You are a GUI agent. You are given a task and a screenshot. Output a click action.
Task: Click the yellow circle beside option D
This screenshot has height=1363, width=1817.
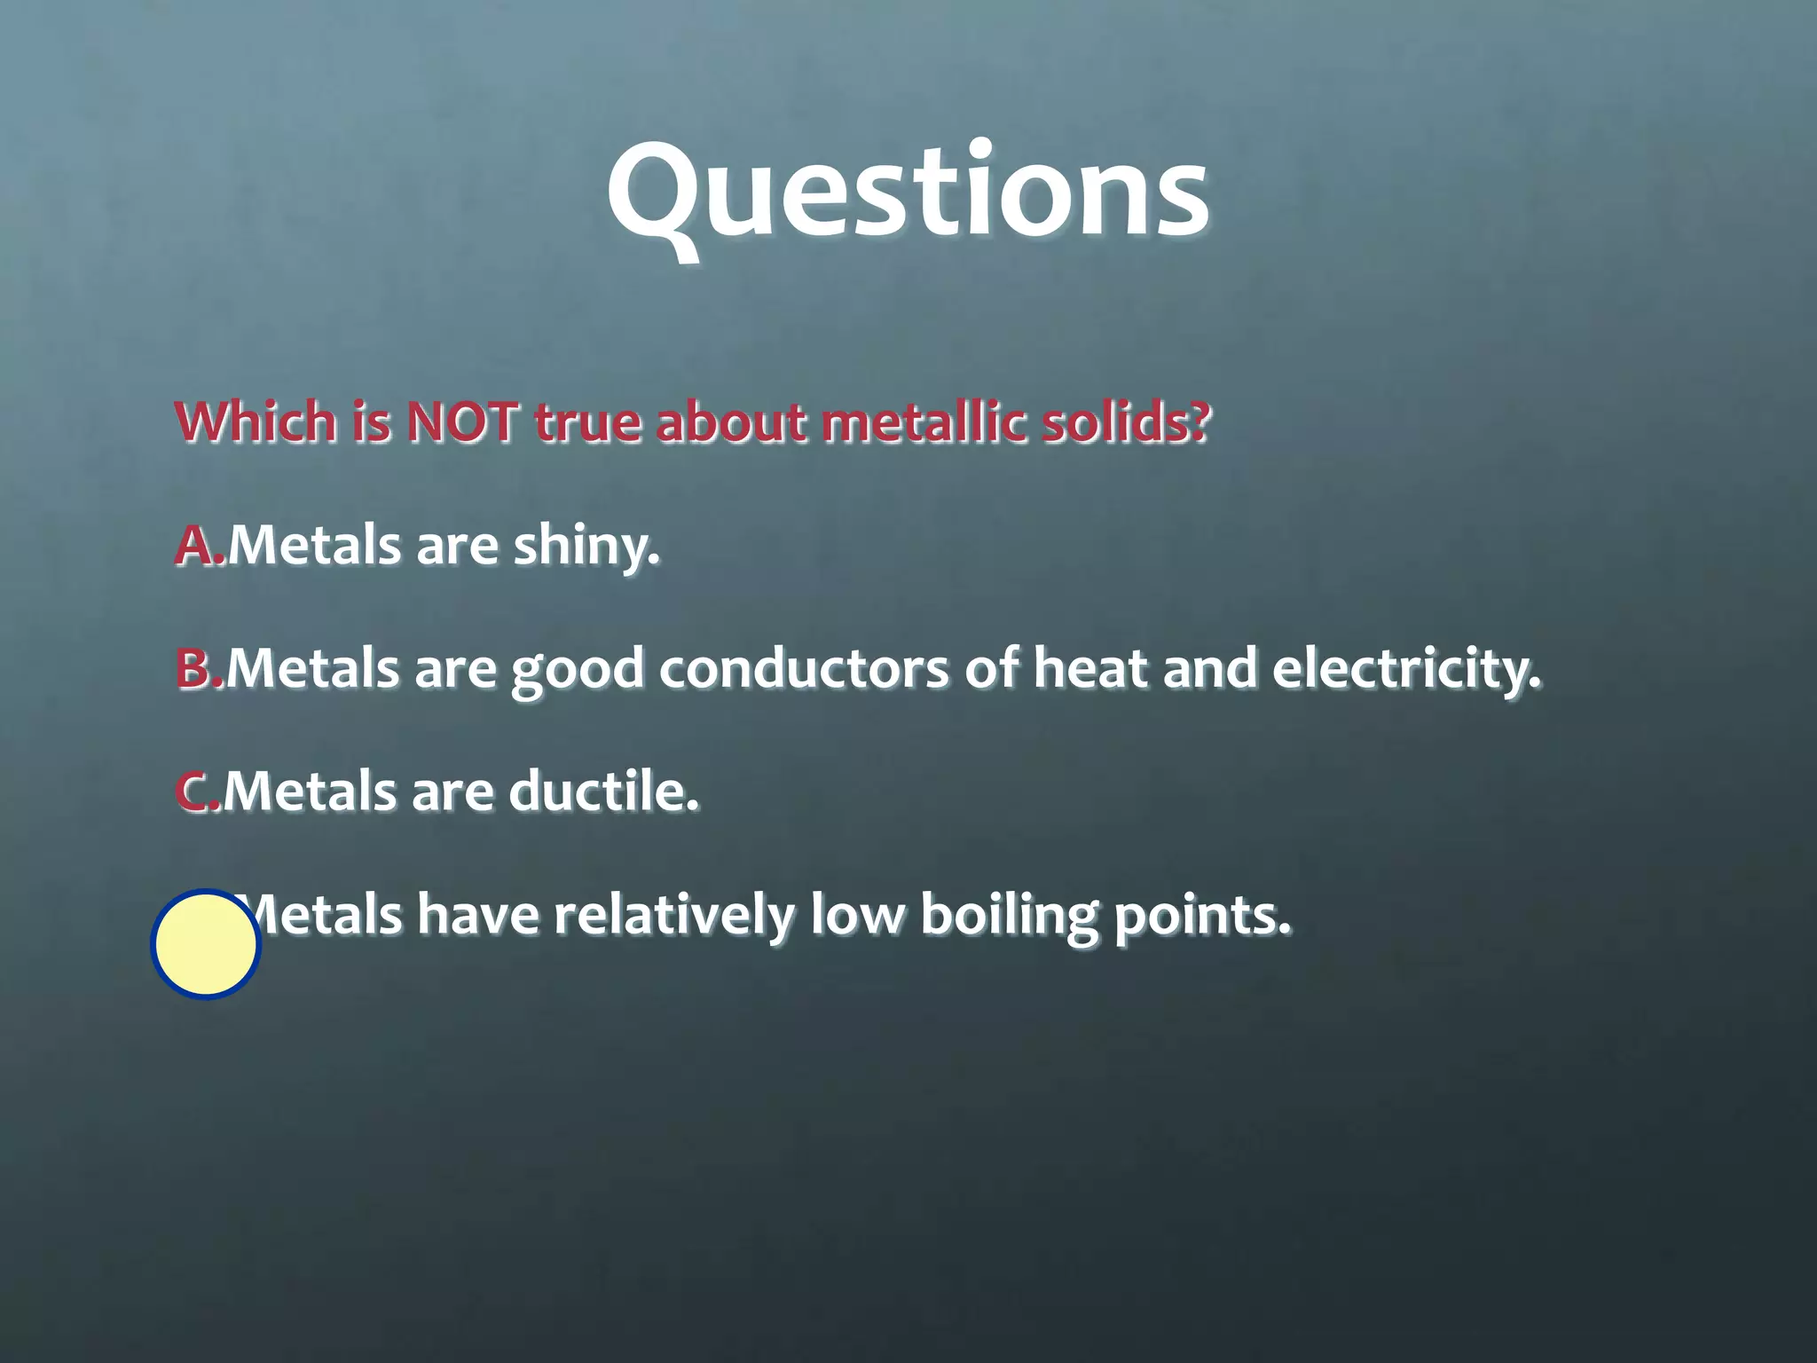coord(206,944)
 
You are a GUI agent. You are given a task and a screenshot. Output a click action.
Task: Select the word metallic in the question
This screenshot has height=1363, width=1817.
coord(924,422)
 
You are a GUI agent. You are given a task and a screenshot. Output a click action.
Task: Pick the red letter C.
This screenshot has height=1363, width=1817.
coord(194,792)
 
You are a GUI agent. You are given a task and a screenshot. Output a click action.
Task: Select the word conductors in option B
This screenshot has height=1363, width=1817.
coord(804,668)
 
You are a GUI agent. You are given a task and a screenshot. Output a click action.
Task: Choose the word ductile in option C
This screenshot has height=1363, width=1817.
coord(602,792)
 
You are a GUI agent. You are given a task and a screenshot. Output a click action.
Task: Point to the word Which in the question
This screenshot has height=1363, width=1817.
coord(256,422)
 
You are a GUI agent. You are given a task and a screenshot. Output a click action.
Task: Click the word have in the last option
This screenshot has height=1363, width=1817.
coord(478,916)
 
